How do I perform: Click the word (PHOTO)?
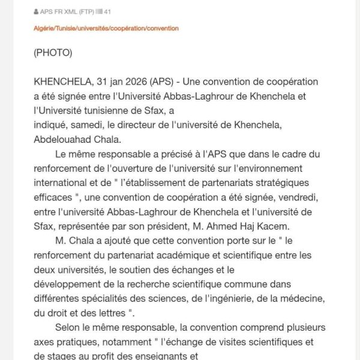[x=53, y=53]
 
